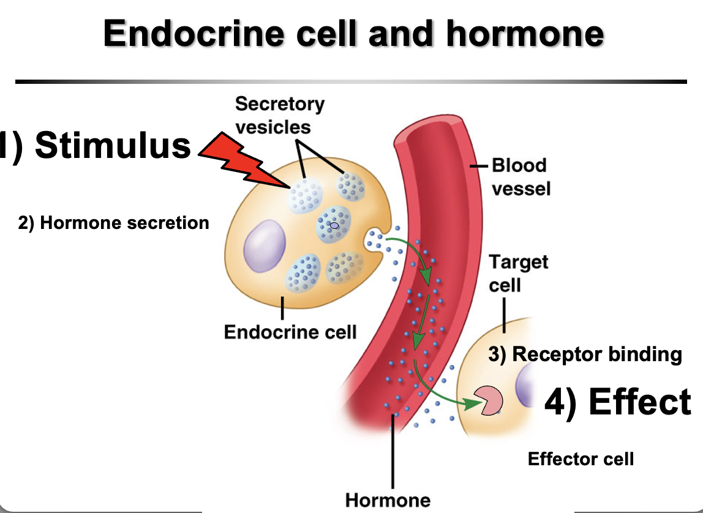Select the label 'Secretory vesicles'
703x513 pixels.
tap(279, 115)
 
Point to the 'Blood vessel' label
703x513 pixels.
tap(519, 176)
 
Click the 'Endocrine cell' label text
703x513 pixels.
tap(290, 332)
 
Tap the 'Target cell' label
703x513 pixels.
tap(518, 273)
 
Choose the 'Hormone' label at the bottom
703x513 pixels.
tap(388, 500)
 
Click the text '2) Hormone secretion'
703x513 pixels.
tap(114, 223)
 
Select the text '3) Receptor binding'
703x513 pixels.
tap(585, 354)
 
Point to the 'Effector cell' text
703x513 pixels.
tap(581, 458)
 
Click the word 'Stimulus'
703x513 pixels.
tap(113, 146)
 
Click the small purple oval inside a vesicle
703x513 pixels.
tap(334, 225)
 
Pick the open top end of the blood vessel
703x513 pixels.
tap(434, 126)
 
